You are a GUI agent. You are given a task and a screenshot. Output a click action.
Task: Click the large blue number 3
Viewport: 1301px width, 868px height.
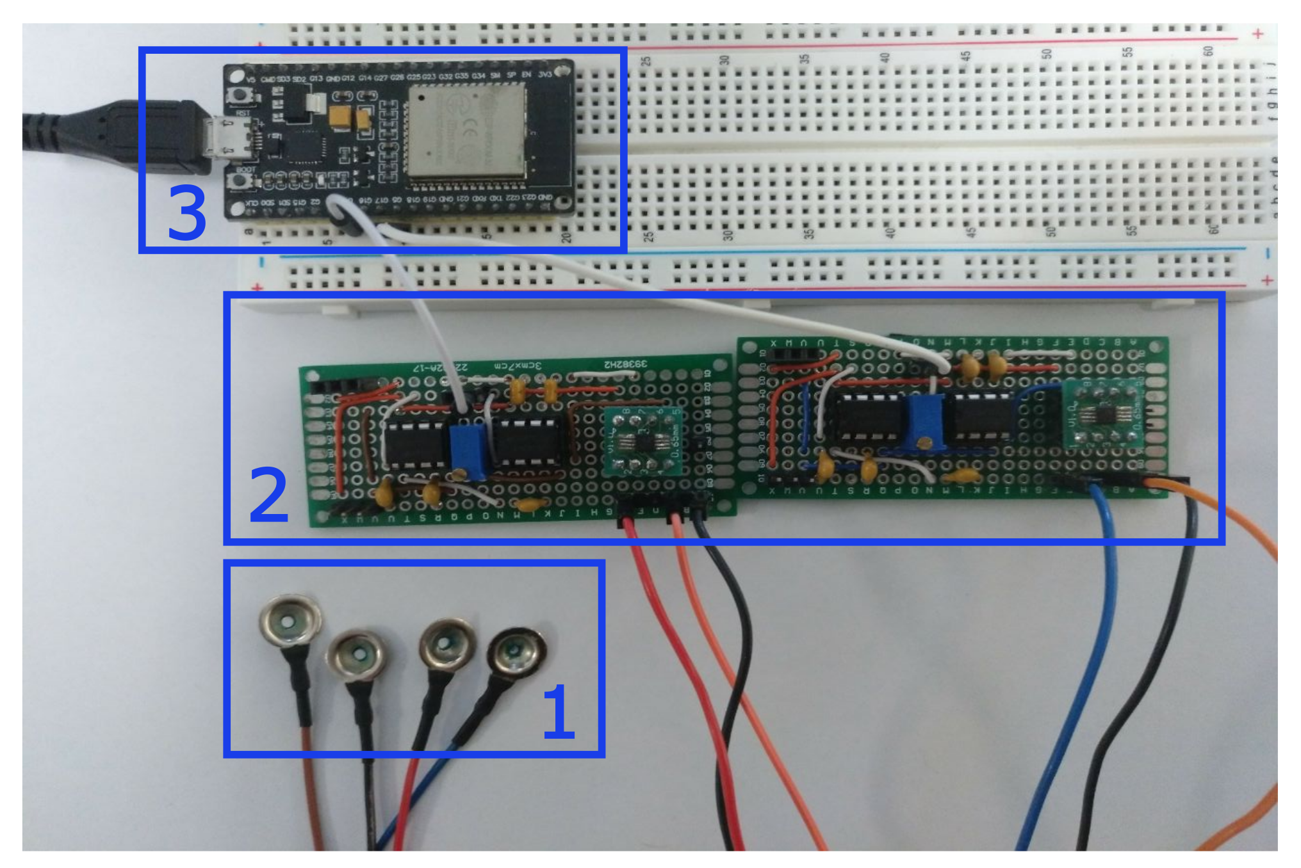point(186,214)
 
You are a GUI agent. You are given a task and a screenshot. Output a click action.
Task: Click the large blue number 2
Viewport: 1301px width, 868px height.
point(268,494)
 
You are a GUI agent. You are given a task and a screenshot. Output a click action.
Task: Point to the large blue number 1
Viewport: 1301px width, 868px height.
point(558,712)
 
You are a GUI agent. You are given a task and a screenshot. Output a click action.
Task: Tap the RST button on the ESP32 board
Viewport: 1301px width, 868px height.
point(240,96)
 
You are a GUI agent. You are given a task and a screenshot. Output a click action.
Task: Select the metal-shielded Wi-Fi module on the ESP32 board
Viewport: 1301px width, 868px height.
point(466,131)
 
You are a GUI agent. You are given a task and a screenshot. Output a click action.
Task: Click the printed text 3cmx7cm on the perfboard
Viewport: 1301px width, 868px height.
point(517,366)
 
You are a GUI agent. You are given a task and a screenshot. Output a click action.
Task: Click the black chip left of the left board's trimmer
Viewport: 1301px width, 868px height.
point(415,443)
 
